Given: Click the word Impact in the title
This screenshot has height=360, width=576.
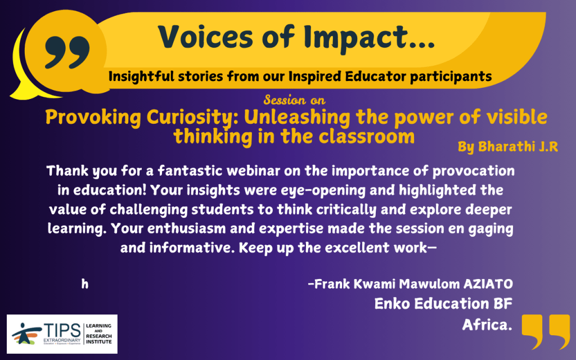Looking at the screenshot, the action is point(369,38).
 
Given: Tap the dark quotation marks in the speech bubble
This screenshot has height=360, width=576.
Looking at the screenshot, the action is point(67,52).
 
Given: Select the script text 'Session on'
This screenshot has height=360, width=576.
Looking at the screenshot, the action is point(294,100).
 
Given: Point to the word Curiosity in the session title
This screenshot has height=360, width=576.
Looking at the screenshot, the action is point(192,118).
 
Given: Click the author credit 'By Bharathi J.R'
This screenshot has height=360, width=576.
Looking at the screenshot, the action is point(508,147).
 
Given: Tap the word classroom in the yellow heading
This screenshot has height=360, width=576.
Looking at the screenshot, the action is point(367,136).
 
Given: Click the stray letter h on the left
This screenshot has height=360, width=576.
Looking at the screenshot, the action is point(85,284).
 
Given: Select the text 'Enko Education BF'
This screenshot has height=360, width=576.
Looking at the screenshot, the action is point(443,304).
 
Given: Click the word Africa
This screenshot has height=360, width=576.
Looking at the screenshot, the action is point(487,325).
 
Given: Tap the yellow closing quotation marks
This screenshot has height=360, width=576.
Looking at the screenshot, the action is point(546,331).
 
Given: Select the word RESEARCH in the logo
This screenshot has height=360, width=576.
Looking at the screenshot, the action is point(98,336).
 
